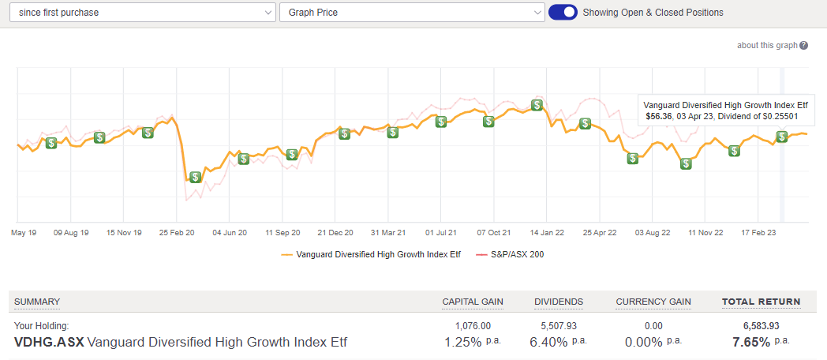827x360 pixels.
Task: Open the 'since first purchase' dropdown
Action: pos(142,13)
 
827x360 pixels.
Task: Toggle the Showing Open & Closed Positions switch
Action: pos(563,13)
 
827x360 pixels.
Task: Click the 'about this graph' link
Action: pos(767,45)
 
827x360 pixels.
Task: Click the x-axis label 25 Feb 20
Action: pos(177,233)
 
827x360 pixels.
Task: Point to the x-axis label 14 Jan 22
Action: pos(547,233)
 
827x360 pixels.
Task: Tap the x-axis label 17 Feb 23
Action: pos(758,233)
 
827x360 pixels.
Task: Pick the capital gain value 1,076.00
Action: pos(473,324)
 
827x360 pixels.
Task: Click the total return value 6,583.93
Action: pos(761,324)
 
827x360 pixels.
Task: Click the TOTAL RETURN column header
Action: pos(761,302)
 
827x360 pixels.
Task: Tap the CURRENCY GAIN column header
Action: pos(653,302)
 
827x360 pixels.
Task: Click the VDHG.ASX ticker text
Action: pos(49,342)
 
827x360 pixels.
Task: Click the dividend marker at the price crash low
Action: pos(195,178)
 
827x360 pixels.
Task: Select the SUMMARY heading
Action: pos(37,302)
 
